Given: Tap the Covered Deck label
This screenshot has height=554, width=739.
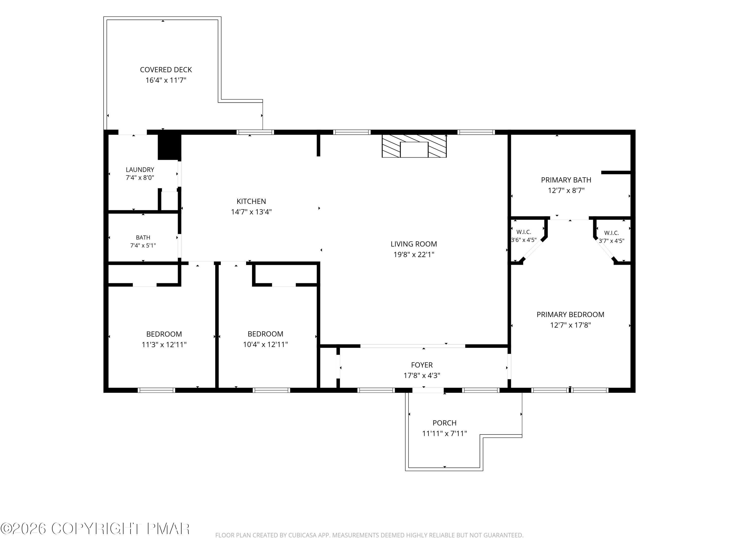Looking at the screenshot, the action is pyautogui.click(x=166, y=70).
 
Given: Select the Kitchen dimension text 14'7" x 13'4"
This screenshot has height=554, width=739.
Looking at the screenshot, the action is pyautogui.click(x=251, y=212).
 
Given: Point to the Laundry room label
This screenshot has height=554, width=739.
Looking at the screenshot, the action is pyautogui.click(x=140, y=170).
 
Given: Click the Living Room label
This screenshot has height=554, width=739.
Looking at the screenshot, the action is pyautogui.click(x=414, y=244).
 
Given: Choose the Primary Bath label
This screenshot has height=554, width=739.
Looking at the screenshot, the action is pyautogui.click(x=566, y=180).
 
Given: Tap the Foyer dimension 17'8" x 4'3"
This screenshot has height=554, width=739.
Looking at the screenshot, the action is pyautogui.click(x=422, y=375).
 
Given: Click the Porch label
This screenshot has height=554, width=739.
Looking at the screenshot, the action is pyautogui.click(x=444, y=423).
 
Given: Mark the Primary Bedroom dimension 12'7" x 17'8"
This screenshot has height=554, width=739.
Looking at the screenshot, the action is pyautogui.click(x=570, y=325).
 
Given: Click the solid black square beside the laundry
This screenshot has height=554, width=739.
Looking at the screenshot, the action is pyautogui.click(x=169, y=147).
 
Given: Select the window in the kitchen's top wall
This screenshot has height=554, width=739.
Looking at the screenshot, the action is pyautogui.click(x=255, y=132).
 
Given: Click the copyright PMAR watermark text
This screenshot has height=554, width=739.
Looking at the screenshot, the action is pyautogui.click(x=95, y=529).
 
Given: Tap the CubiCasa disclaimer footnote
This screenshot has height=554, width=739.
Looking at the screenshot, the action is pyautogui.click(x=369, y=535).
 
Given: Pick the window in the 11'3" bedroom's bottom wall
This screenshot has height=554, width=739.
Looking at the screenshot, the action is pyautogui.click(x=156, y=390).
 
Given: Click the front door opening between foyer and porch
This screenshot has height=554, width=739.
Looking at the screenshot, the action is pyautogui.click(x=428, y=390).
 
